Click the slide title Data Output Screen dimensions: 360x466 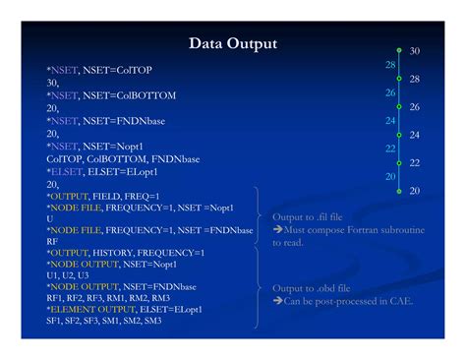click(x=232, y=43)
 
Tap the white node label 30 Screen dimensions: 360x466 click(x=415, y=50)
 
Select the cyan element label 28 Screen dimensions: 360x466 click(x=390, y=65)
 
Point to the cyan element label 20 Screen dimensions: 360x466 click(x=390, y=176)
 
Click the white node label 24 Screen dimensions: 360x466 click(x=415, y=135)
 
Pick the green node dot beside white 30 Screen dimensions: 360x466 click(x=399, y=50)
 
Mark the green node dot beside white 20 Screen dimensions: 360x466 click(x=399, y=190)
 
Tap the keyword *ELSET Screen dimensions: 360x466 click(x=64, y=171)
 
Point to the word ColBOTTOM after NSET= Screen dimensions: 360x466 click(x=143, y=95)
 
